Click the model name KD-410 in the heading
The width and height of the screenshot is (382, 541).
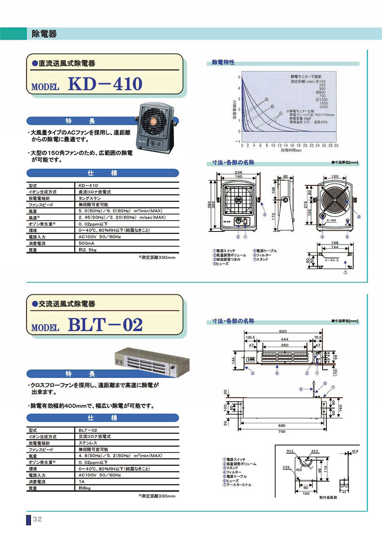(104, 84)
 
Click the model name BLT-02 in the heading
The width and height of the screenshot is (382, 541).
(105, 325)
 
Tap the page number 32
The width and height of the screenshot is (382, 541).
(37, 519)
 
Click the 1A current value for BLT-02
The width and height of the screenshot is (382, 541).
(81, 482)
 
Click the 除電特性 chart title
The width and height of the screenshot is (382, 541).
(223, 63)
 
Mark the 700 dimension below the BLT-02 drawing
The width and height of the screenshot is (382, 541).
(282, 431)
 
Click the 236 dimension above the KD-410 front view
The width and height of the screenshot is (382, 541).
(238, 172)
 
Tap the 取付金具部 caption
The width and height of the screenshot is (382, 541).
(328, 497)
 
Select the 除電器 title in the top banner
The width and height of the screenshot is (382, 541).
(44, 34)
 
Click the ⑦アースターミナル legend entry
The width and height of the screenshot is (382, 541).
(237, 485)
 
